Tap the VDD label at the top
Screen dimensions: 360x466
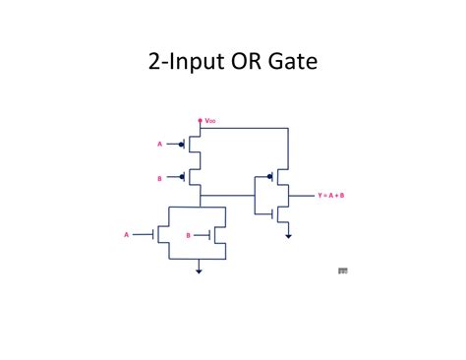(x=210, y=121)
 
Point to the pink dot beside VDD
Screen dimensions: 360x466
(x=201, y=120)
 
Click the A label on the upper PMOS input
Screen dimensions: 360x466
(x=159, y=145)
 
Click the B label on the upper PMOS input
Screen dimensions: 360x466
(x=159, y=178)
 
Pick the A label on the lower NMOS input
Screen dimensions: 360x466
(x=126, y=235)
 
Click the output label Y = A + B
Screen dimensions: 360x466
(x=331, y=196)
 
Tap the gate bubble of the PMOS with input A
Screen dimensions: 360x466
(x=181, y=145)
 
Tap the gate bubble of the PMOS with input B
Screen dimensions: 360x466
(x=181, y=178)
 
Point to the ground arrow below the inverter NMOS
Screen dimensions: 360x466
(x=288, y=235)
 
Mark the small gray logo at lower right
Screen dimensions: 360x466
(x=342, y=270)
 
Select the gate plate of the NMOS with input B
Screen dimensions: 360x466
(x=214, y=235)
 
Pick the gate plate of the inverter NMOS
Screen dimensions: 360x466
(x=274, y=210)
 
